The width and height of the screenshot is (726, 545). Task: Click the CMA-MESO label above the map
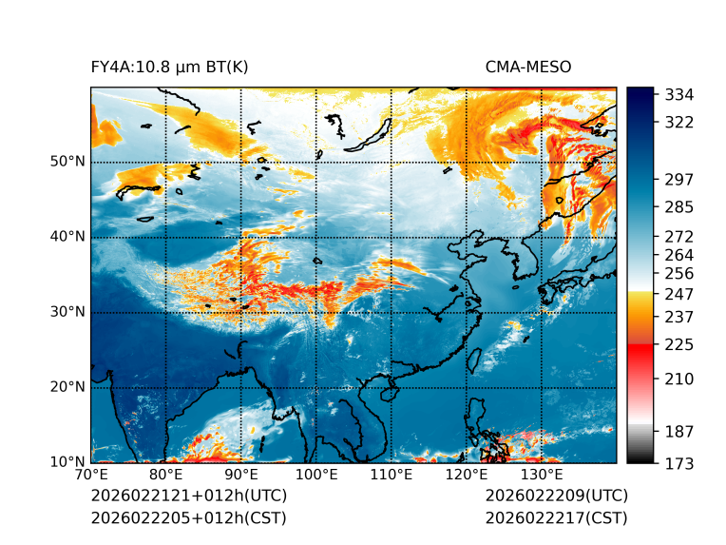click(527, 67)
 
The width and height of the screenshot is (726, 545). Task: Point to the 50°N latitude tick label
click(67, 162)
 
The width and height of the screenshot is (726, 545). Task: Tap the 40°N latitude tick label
click(67, 237)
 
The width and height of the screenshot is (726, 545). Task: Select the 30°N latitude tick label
click(67, 312)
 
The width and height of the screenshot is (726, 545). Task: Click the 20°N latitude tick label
click(67, 387)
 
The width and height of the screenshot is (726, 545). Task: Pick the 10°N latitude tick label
click(67, 462)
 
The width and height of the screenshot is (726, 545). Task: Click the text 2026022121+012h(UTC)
click(188, 496)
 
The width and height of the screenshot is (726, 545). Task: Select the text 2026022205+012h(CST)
click(188, 517)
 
